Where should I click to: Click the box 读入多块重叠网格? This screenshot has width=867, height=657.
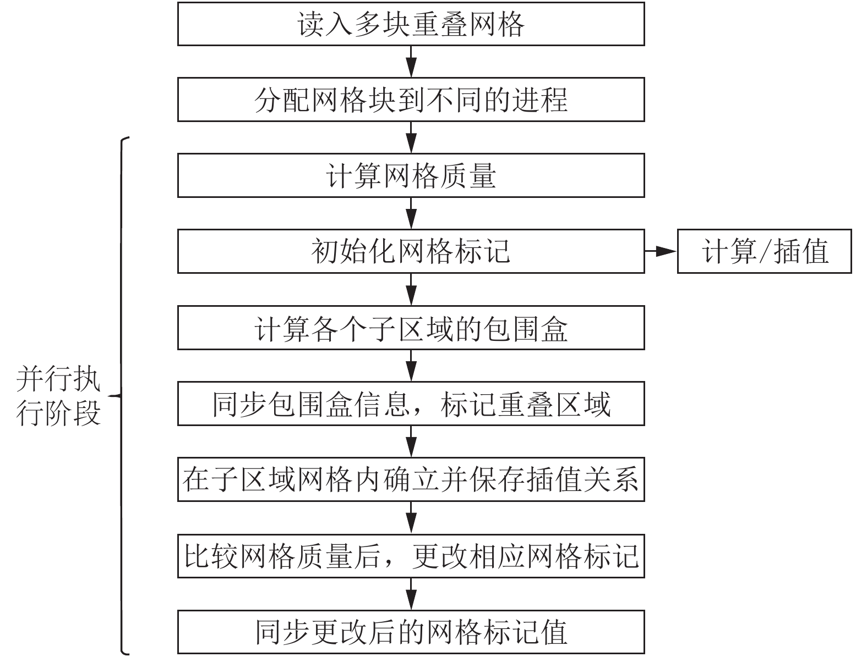click(x=411, y=24)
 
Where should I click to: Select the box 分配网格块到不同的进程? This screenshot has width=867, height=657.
click(x=411, y=100)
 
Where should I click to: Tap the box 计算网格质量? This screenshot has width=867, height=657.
click(x=411, y=175)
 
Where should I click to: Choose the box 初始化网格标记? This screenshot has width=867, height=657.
click(x=411, y=251)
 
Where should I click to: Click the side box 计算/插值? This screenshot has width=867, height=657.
click(x=764, y=251)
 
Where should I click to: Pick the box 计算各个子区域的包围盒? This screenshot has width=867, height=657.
click(x=411, y=328)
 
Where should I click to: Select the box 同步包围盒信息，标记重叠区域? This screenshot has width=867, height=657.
click(x=411, y=404)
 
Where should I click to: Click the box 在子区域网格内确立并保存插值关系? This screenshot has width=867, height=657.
click(x=411, y=479)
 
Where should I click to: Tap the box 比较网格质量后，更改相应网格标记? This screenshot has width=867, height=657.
click(x=411, y=556)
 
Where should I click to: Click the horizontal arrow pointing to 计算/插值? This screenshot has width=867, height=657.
click(x=661, y=251)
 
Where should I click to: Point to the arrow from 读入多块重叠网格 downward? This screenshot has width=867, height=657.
click(x=411, y=62)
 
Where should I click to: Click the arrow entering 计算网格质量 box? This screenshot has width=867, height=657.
click(x=411, y=137)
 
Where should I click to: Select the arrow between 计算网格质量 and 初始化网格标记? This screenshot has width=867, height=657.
click(x=411, y=213)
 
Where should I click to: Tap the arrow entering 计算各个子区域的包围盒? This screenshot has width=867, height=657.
click(x=411, y=289)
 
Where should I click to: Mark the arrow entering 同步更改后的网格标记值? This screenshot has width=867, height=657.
click(x=411, y=594)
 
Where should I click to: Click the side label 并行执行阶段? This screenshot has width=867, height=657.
click(x=58, y=396)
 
